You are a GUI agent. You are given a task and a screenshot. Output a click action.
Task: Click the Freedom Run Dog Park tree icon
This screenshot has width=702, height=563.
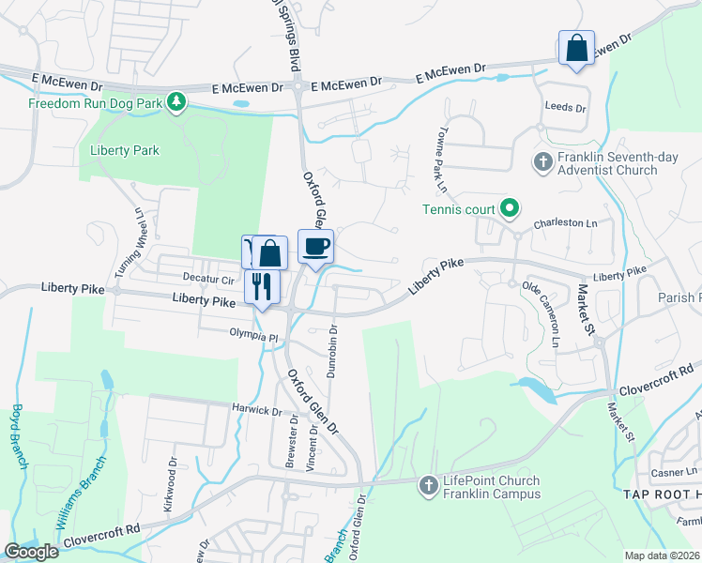point(175,101)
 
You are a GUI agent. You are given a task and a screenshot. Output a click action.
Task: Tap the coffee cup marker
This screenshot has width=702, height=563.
point(315,247)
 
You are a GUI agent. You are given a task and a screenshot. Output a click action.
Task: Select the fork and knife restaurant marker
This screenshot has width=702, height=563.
point(262,286)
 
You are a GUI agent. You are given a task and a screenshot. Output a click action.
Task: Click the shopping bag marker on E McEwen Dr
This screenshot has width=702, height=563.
point(575,48)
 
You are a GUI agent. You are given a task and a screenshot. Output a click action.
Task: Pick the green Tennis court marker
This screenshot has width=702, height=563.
point(511,207)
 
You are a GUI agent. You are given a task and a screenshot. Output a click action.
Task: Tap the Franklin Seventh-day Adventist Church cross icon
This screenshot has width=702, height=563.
point(542,162)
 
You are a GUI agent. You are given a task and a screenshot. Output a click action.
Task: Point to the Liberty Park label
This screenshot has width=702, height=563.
point(125,150)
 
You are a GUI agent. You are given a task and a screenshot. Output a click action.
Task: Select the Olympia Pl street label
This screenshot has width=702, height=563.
point(254,334)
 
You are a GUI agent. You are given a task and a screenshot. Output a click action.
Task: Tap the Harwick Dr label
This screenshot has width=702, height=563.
point(257,410)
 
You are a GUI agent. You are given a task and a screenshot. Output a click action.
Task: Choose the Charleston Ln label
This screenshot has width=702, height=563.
point(565,224)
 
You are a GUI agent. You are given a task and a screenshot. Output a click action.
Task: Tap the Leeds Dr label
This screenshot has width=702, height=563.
point(565,109)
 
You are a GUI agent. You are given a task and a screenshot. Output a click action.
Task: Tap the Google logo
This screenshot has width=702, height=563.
point(31,552)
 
